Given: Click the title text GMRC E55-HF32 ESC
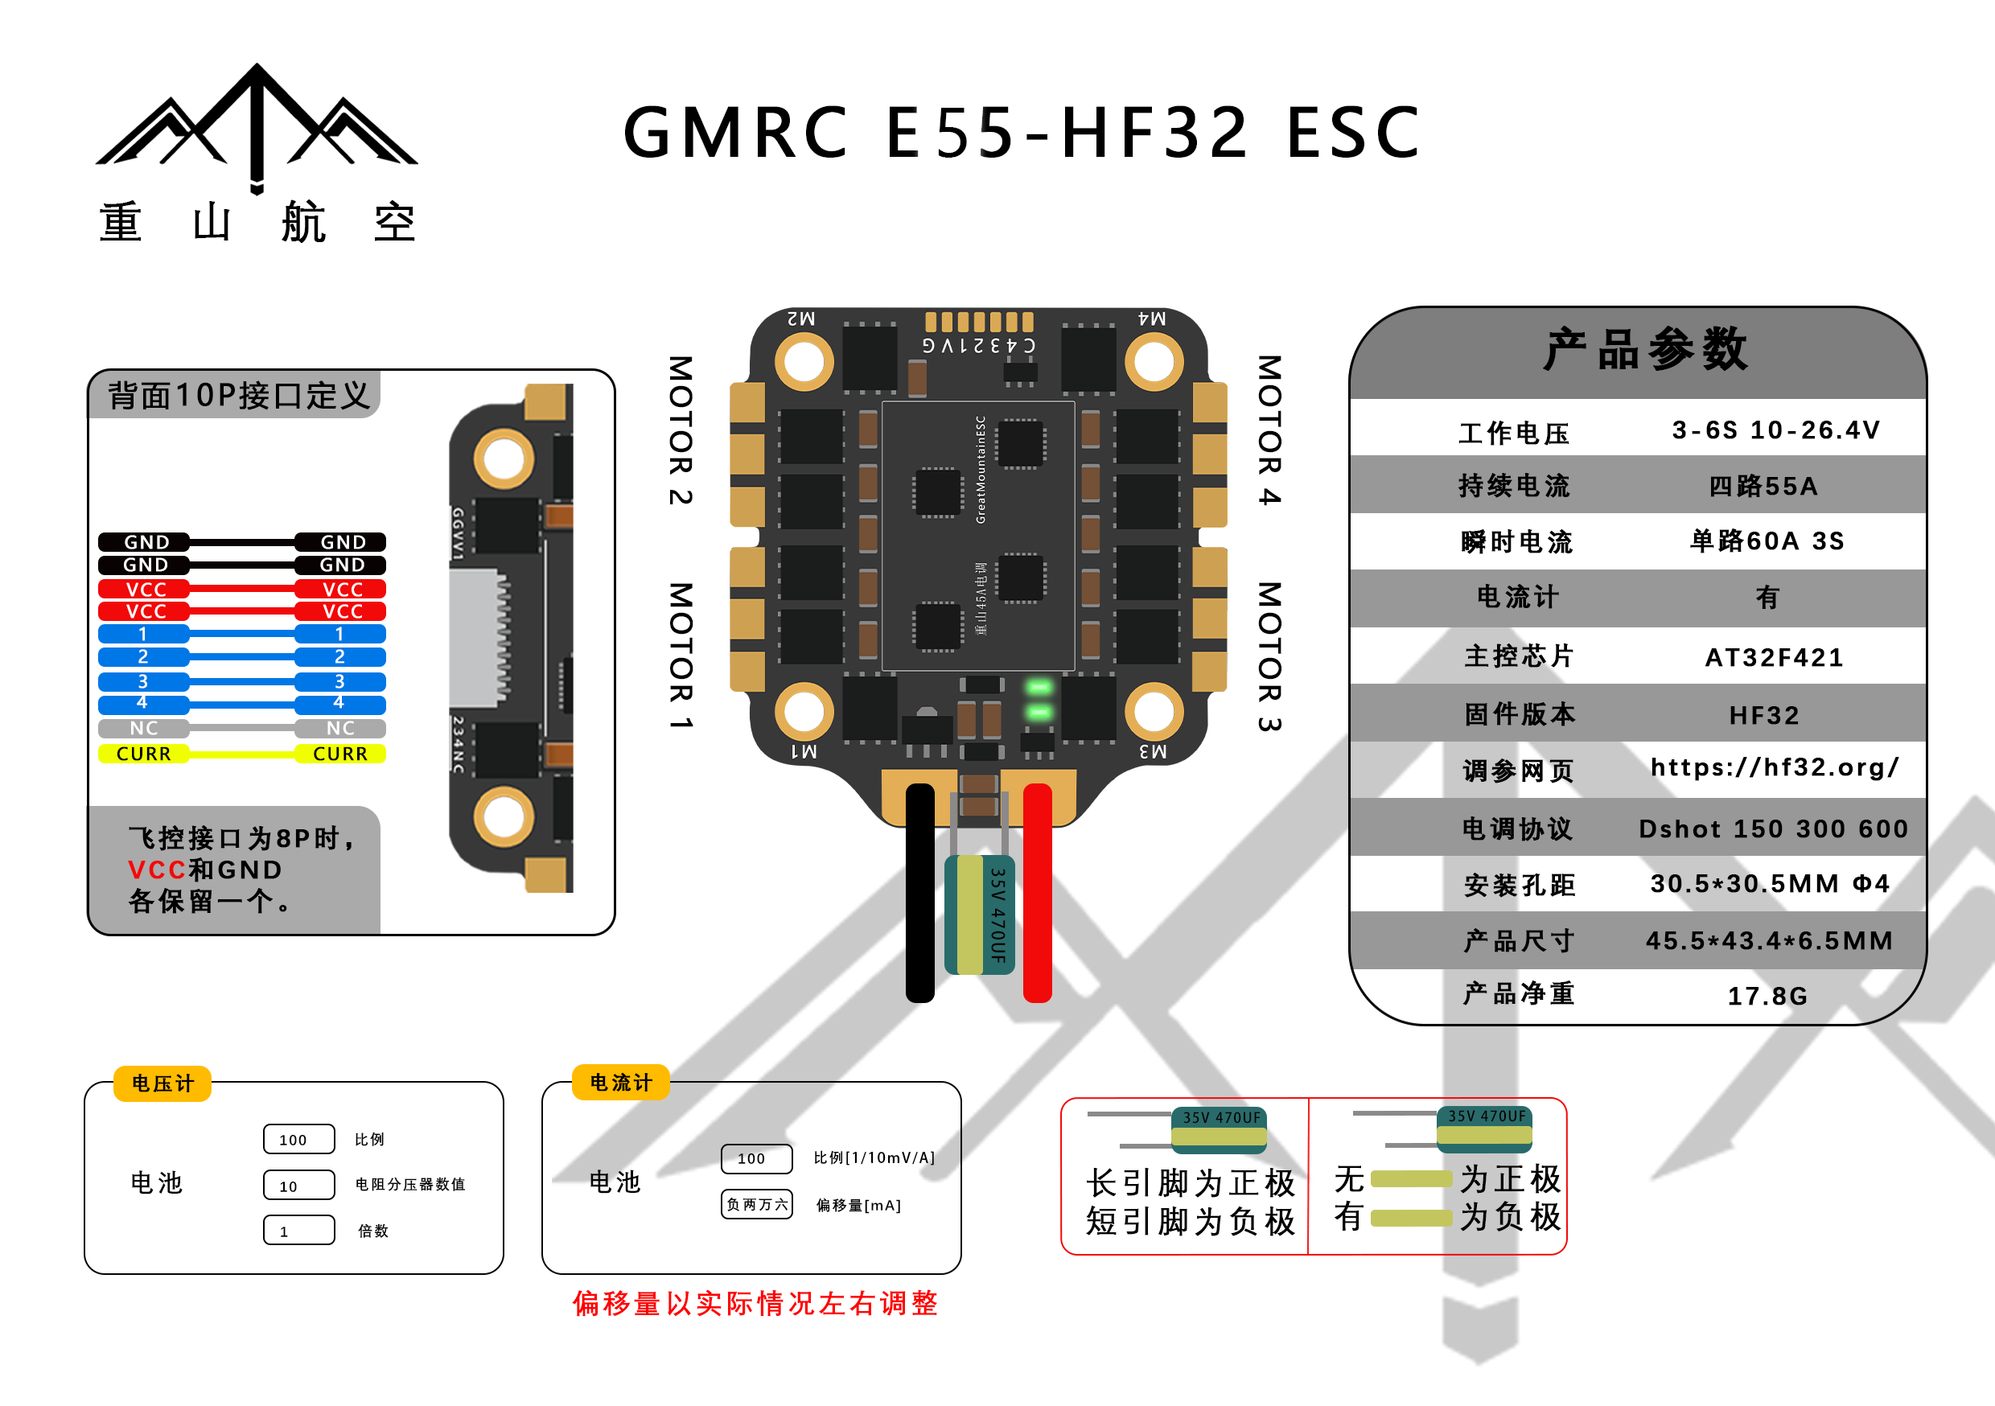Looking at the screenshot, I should (1022, 132).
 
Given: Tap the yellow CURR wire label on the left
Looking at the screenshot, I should (144, 754).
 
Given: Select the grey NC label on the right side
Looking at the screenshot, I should (340, 728).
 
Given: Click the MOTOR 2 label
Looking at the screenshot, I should (681, 430).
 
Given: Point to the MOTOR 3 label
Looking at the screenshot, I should (1269, 656).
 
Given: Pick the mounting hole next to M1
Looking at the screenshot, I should (804, 712).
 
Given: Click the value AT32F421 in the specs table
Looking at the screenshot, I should (1775, 657).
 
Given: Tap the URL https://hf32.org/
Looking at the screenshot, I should (1775, 767).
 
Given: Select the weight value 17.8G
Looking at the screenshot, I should (1767, 996).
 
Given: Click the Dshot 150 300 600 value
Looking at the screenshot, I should (1774, 829).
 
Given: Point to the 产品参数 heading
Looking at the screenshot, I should (1645, 350).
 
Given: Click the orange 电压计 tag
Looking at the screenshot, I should (162, 1083).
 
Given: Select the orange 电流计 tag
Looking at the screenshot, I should (620, 1083).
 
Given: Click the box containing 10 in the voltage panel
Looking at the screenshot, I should (299, 1186).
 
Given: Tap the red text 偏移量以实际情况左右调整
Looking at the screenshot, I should (755, 1304).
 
